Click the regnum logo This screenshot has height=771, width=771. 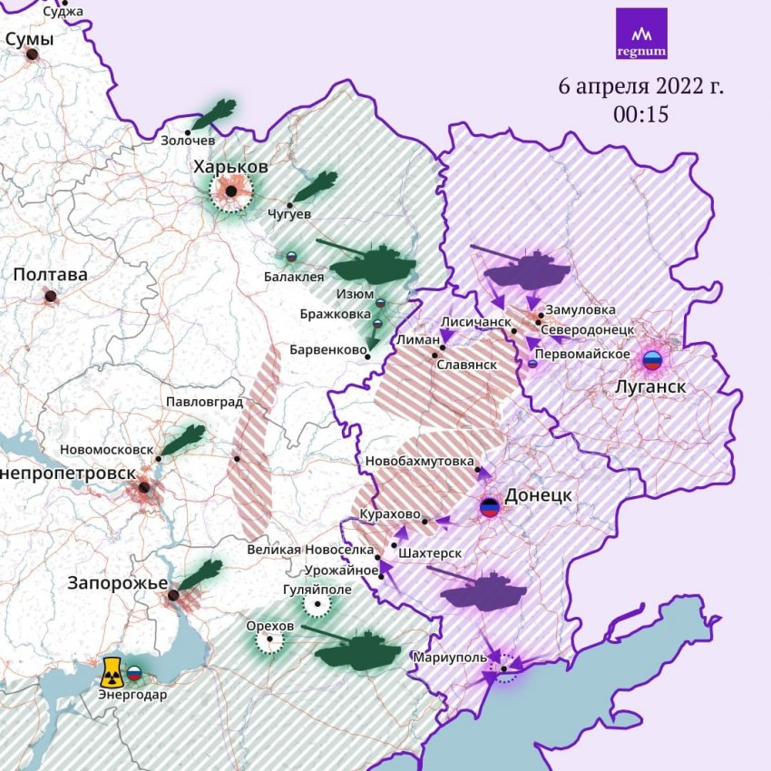point(641,34)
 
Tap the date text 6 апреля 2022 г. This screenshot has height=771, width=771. point(641,88)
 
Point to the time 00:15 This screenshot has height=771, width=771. point(641,115)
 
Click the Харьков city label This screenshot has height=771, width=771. point(230,168)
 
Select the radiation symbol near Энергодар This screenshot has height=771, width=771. point(112,671)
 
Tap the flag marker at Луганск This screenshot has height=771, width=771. point(651,360)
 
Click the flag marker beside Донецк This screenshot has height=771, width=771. point(489,508)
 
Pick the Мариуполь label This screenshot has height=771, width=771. point(444,657)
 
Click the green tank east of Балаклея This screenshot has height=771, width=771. point(367,262)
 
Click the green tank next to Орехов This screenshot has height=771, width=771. point(358,649)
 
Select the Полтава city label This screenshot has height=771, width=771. point(51,274)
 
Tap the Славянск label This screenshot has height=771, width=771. point(466,364)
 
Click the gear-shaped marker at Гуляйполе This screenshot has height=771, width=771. point(316,607)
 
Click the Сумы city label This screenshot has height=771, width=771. point(30,39)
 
